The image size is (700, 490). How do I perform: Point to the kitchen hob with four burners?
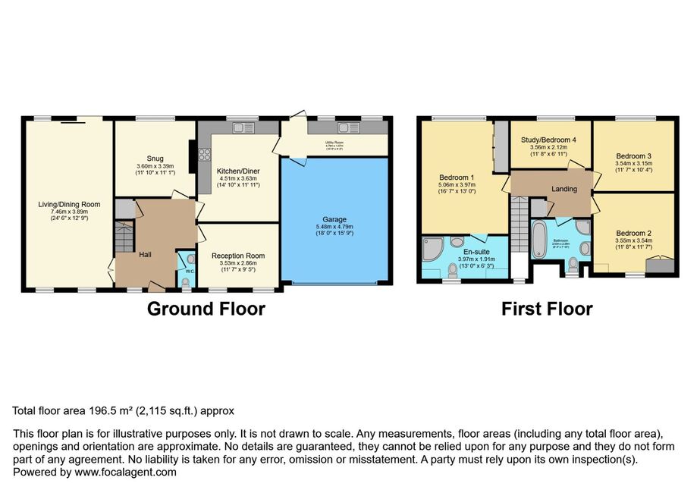(203, 157)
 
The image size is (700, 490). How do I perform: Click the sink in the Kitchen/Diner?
(244, 127)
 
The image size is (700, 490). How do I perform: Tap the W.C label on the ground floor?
(190, 271)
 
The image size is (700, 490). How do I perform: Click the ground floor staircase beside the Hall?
(123, 239)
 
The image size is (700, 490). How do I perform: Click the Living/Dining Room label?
(70, 204)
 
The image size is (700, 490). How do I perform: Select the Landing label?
(563, 189)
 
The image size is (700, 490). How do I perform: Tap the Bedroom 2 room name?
(634, 233)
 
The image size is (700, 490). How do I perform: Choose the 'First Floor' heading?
(546, 309)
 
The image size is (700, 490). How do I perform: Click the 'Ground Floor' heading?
(206, 309)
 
